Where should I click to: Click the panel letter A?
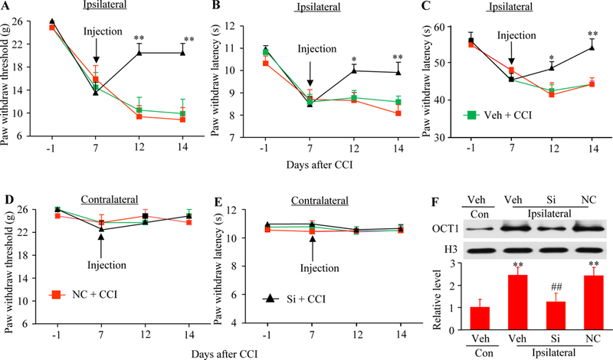[8, 8]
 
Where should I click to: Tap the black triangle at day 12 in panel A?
[139, 52]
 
